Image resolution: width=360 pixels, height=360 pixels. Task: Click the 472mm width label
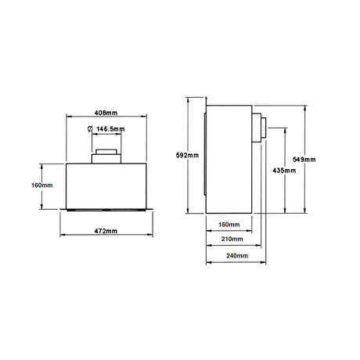pyautogui.click(x=106, y=232)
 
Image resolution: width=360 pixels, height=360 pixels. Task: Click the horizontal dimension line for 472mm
pyautogui.click(x=106, y=239)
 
